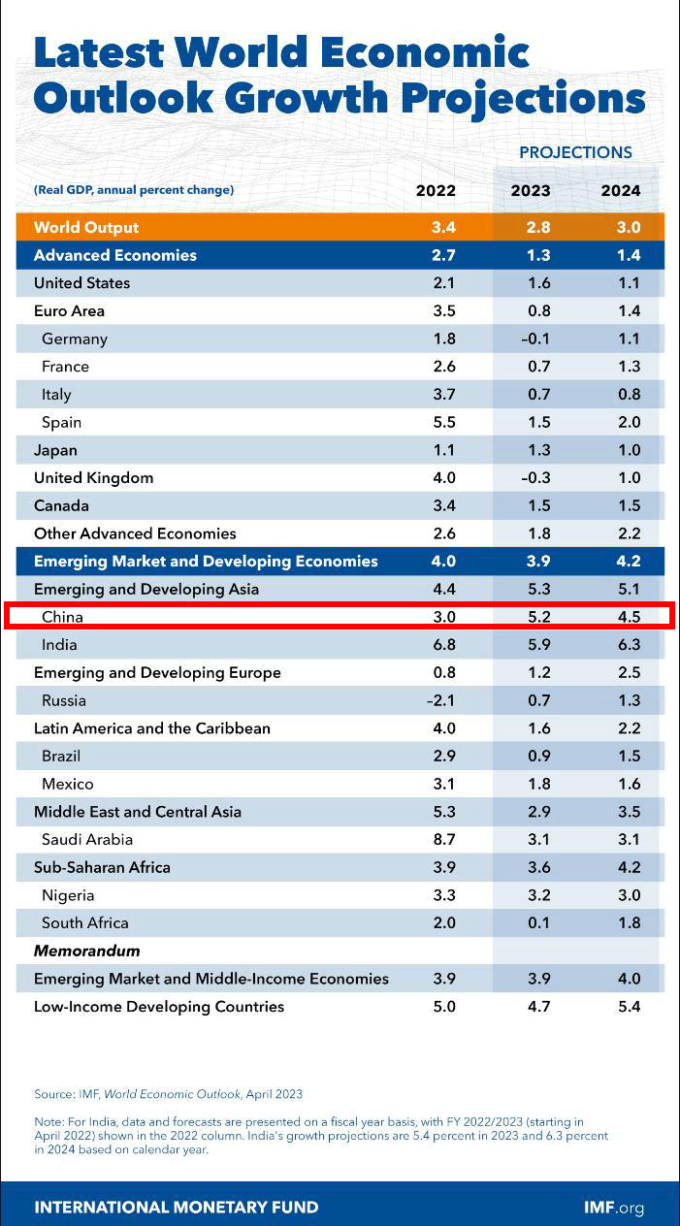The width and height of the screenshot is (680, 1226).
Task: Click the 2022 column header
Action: (436, 190)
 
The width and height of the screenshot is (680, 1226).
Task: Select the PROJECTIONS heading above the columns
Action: (575, 152)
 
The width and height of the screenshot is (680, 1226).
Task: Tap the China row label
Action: (62, 617)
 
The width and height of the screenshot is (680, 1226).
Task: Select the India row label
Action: (59, 645)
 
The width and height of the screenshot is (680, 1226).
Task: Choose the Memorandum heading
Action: (86, 951)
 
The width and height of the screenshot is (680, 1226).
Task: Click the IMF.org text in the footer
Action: (613, 1208)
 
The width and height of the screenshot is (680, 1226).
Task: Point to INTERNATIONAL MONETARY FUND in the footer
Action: (176, 1208)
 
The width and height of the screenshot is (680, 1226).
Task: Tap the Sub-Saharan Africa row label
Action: (102, 867)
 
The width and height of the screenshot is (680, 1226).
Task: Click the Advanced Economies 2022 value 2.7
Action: (442, 255)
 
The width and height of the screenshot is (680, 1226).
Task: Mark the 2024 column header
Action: (621, 190)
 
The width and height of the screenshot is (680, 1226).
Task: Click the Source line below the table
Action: (168, 1094)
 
